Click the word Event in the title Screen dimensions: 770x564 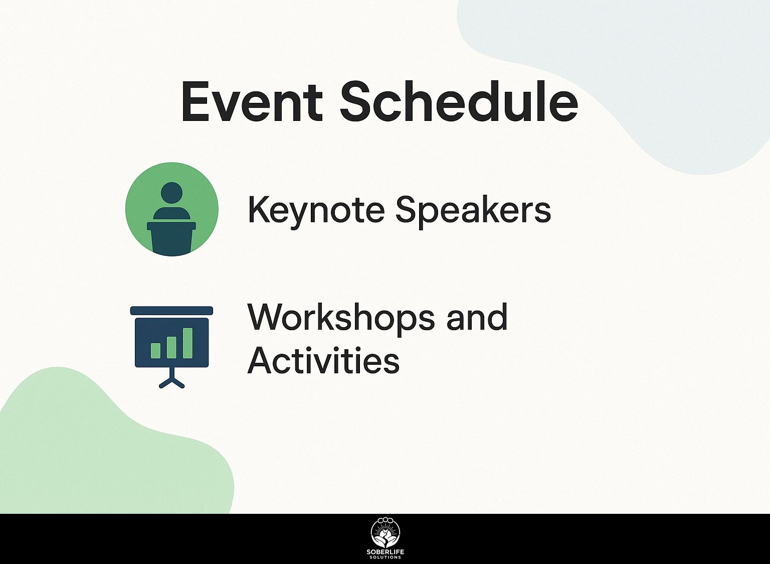(x=252, y=101)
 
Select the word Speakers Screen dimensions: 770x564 (x=473, y=211)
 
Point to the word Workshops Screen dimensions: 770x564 (x=341, y=318)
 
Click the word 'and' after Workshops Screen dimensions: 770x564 (x=477, y=317)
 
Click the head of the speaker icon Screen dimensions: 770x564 (x=171, y=194)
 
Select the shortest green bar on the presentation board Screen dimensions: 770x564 (x=156, y=350)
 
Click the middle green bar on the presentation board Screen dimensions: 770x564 (x=171, y=347)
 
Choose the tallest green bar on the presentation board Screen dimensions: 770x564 (x=187, y=343)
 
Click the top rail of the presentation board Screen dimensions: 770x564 (x=171, y=311)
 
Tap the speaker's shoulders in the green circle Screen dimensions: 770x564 (x=171, y=214)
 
